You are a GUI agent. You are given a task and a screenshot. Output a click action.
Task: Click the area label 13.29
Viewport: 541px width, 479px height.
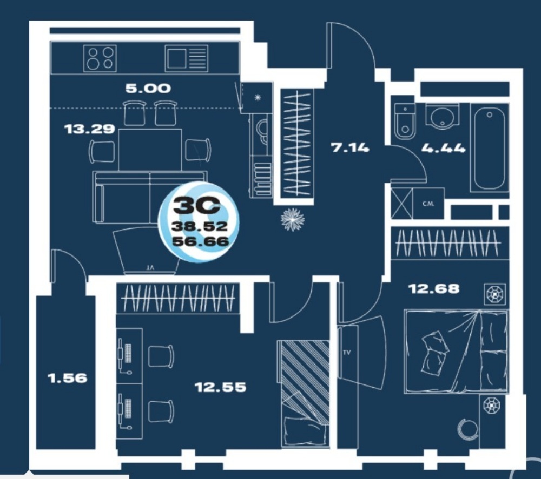89,129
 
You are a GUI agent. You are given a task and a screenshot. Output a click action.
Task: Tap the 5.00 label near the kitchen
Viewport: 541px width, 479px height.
148,89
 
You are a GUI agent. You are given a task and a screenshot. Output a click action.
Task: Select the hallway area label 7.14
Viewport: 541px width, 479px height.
350,148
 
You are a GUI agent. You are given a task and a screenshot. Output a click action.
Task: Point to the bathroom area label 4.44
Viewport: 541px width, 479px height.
444,149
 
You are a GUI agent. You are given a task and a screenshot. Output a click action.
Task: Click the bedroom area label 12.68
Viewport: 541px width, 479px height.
434,288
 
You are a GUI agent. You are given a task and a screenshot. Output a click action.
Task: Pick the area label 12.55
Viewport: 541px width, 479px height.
221,387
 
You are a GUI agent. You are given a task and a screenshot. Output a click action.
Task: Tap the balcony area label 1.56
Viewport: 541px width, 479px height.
67,378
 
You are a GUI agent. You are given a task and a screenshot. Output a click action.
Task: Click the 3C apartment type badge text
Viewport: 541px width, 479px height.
196,206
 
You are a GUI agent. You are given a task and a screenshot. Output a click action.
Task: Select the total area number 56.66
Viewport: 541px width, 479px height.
201,241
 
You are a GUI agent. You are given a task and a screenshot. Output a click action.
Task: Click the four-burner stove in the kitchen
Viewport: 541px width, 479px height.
100,58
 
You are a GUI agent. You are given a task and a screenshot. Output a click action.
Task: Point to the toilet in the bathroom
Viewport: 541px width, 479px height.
405,121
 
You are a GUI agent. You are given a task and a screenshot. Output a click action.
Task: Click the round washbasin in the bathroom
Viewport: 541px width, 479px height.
443,116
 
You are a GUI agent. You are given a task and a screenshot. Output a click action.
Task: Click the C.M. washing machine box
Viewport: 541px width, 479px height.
428,204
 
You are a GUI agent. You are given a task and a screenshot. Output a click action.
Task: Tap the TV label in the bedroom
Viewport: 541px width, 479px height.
347,353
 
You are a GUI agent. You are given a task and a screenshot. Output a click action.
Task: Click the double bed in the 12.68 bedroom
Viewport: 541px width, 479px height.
456,351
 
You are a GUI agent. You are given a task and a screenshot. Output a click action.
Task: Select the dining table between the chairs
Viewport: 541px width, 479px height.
150,150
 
